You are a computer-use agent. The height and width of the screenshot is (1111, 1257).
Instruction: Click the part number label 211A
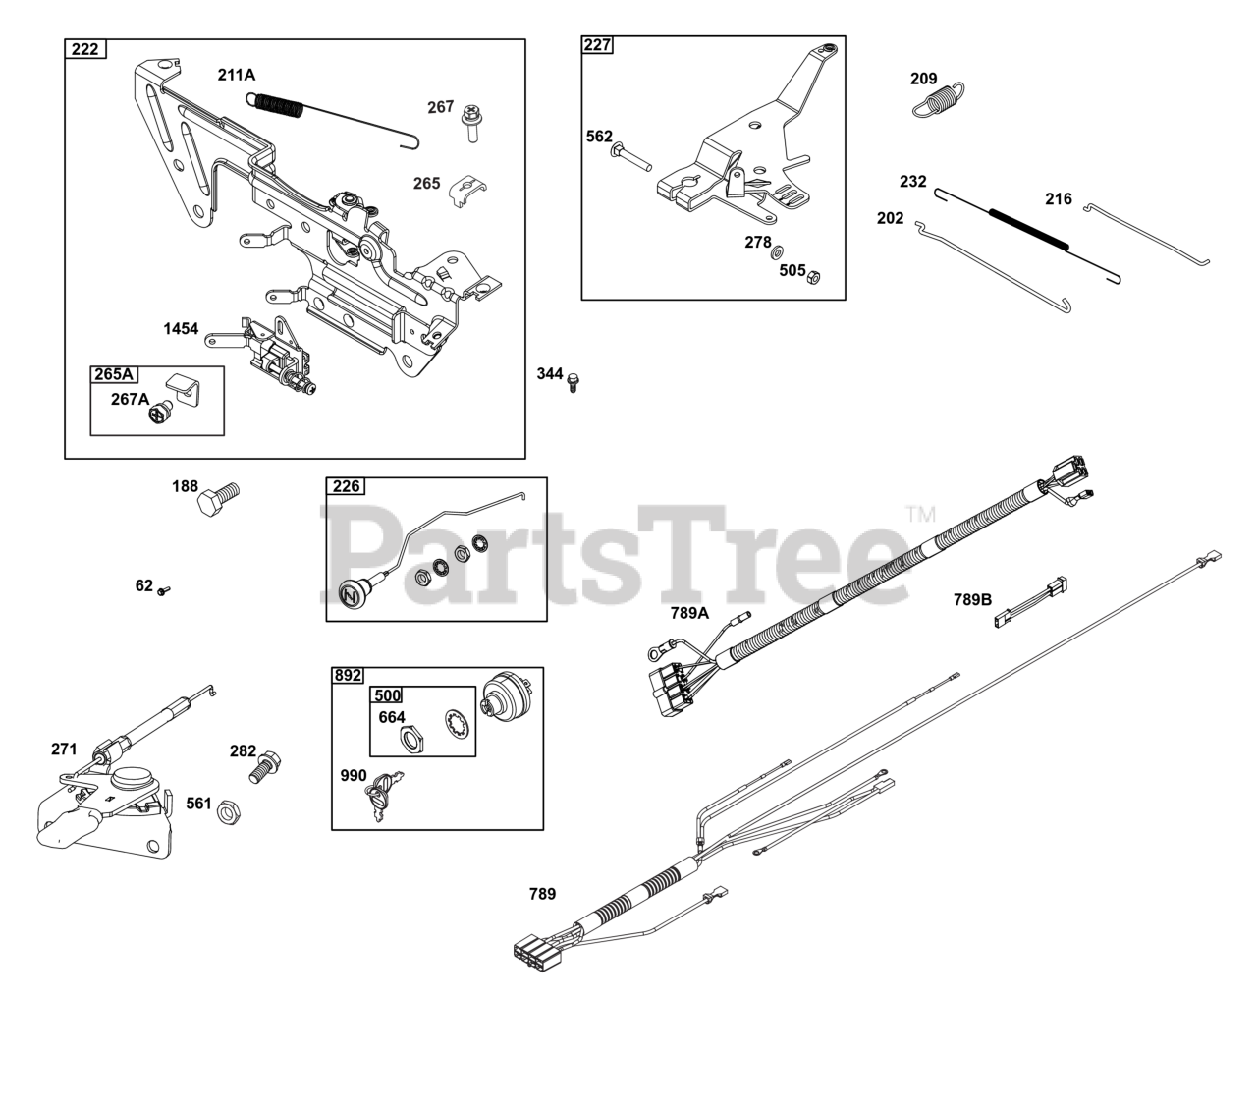tap(237, 75)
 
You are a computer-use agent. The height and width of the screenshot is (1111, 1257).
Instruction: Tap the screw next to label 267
tap(470, 121)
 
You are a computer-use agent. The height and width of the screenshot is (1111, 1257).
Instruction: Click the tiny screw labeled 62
tap(165, 589)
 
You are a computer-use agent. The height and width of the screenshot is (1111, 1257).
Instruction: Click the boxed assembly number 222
tap(85, 49)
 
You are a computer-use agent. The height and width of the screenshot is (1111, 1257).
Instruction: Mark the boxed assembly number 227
tap(597, 45)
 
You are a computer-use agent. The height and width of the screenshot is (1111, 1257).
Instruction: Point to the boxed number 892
tap(348, 675)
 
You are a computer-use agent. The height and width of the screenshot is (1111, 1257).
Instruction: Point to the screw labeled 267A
tap(161, 416)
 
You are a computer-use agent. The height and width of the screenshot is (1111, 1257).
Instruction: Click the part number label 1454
tap(182, 329)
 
